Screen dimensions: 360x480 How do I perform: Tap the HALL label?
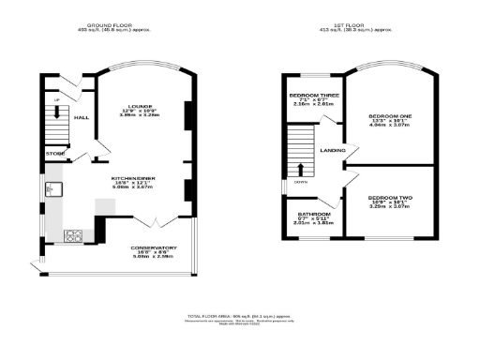tap(82, 117)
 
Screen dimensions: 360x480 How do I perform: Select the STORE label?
tap(54, 152)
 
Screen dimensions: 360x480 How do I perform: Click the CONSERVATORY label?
tap(154, 247)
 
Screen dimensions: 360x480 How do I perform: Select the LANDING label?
tap(332, 151)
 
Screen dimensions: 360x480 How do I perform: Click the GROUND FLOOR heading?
tap(114, 25)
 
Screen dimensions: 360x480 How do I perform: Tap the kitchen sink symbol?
tap(52, 190)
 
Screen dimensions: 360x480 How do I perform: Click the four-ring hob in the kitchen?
tap(74, 233)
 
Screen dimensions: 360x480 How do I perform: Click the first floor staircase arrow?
tap(300, 169)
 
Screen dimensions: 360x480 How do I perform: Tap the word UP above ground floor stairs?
tap(55, 98)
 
